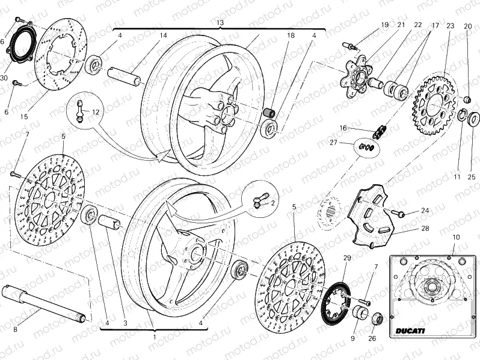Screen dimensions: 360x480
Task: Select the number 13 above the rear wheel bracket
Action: [220, 22]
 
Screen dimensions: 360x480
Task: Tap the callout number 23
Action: [450, 26]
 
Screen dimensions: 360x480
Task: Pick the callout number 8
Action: [16, 329]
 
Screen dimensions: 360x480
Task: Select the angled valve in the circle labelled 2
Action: [258, 202]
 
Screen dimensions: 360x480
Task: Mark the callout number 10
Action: [456, 238]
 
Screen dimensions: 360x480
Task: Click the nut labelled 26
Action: [377, 319]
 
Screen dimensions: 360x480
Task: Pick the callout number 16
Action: [342, 128]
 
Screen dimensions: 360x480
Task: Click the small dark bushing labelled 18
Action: [271, 112]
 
